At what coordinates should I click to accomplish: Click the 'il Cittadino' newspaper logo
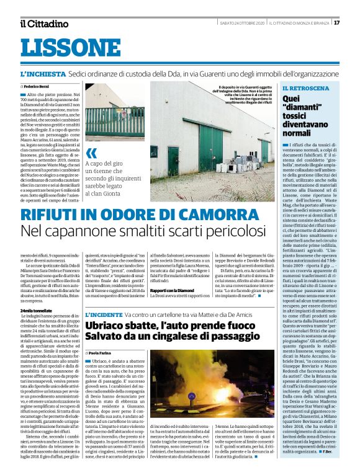pos(43,24)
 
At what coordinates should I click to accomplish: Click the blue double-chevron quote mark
pos(92,153)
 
